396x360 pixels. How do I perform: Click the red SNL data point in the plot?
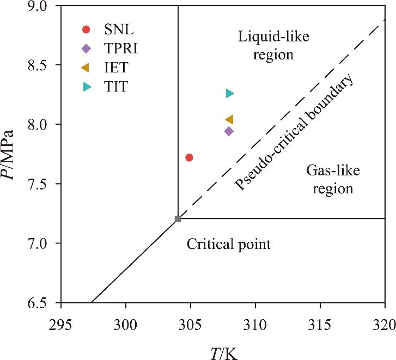click(189, 157)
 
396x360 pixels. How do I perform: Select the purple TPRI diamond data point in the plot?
click(229, 131)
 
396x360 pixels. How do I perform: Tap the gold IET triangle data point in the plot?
click(229, 119)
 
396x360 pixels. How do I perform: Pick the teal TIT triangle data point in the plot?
click(229, 94)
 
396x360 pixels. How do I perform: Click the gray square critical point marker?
click(178, 219)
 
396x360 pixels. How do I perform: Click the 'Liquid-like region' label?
click(266, 46)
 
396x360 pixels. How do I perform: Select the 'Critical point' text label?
click(229, 245)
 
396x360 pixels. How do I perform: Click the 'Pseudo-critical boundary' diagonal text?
click(295, 132)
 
